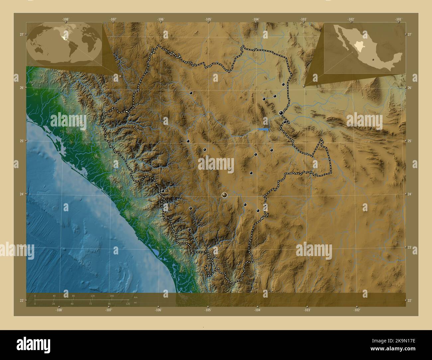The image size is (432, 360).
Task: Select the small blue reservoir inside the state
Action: tap(264, 129)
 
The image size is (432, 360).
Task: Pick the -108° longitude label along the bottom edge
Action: tap(59, 310)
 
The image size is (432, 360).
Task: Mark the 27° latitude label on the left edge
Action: tap(22, 35)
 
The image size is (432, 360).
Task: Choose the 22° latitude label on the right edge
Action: tap(410, 301)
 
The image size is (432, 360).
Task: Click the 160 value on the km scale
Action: tap(112, 296)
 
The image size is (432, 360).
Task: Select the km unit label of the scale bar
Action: tap(135, 297)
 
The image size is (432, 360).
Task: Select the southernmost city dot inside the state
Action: tap(189, 229)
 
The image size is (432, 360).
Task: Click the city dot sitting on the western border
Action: tap(163, 191)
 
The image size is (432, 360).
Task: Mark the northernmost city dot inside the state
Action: tap(283, 84)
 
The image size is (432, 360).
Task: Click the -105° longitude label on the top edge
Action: tap(208, 19)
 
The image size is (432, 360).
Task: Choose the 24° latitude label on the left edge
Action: tap(22, 194)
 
